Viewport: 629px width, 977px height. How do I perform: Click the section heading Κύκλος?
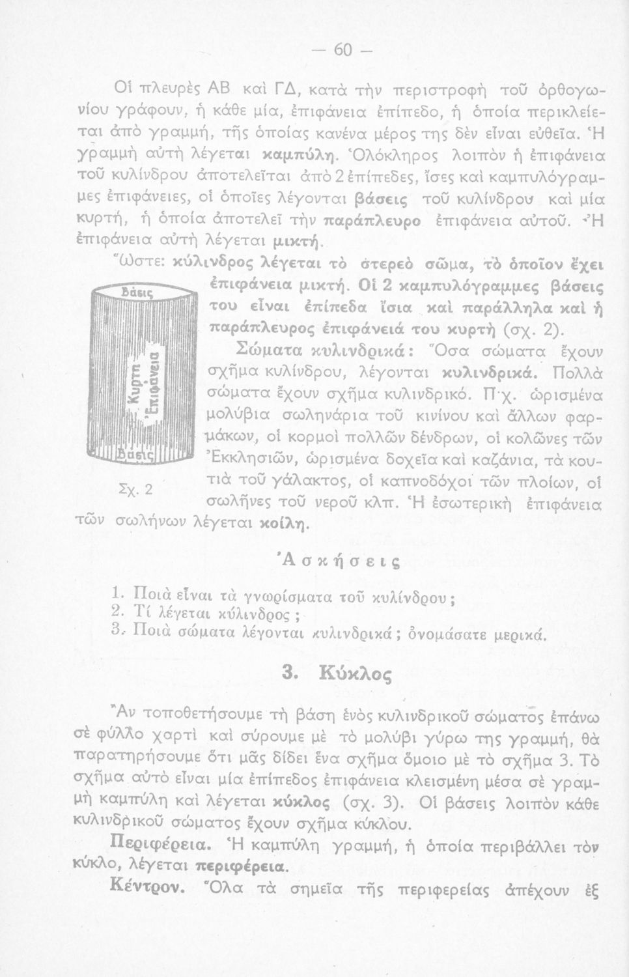click(353, 672)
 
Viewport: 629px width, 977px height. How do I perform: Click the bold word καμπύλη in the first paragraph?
click(306, 156)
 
